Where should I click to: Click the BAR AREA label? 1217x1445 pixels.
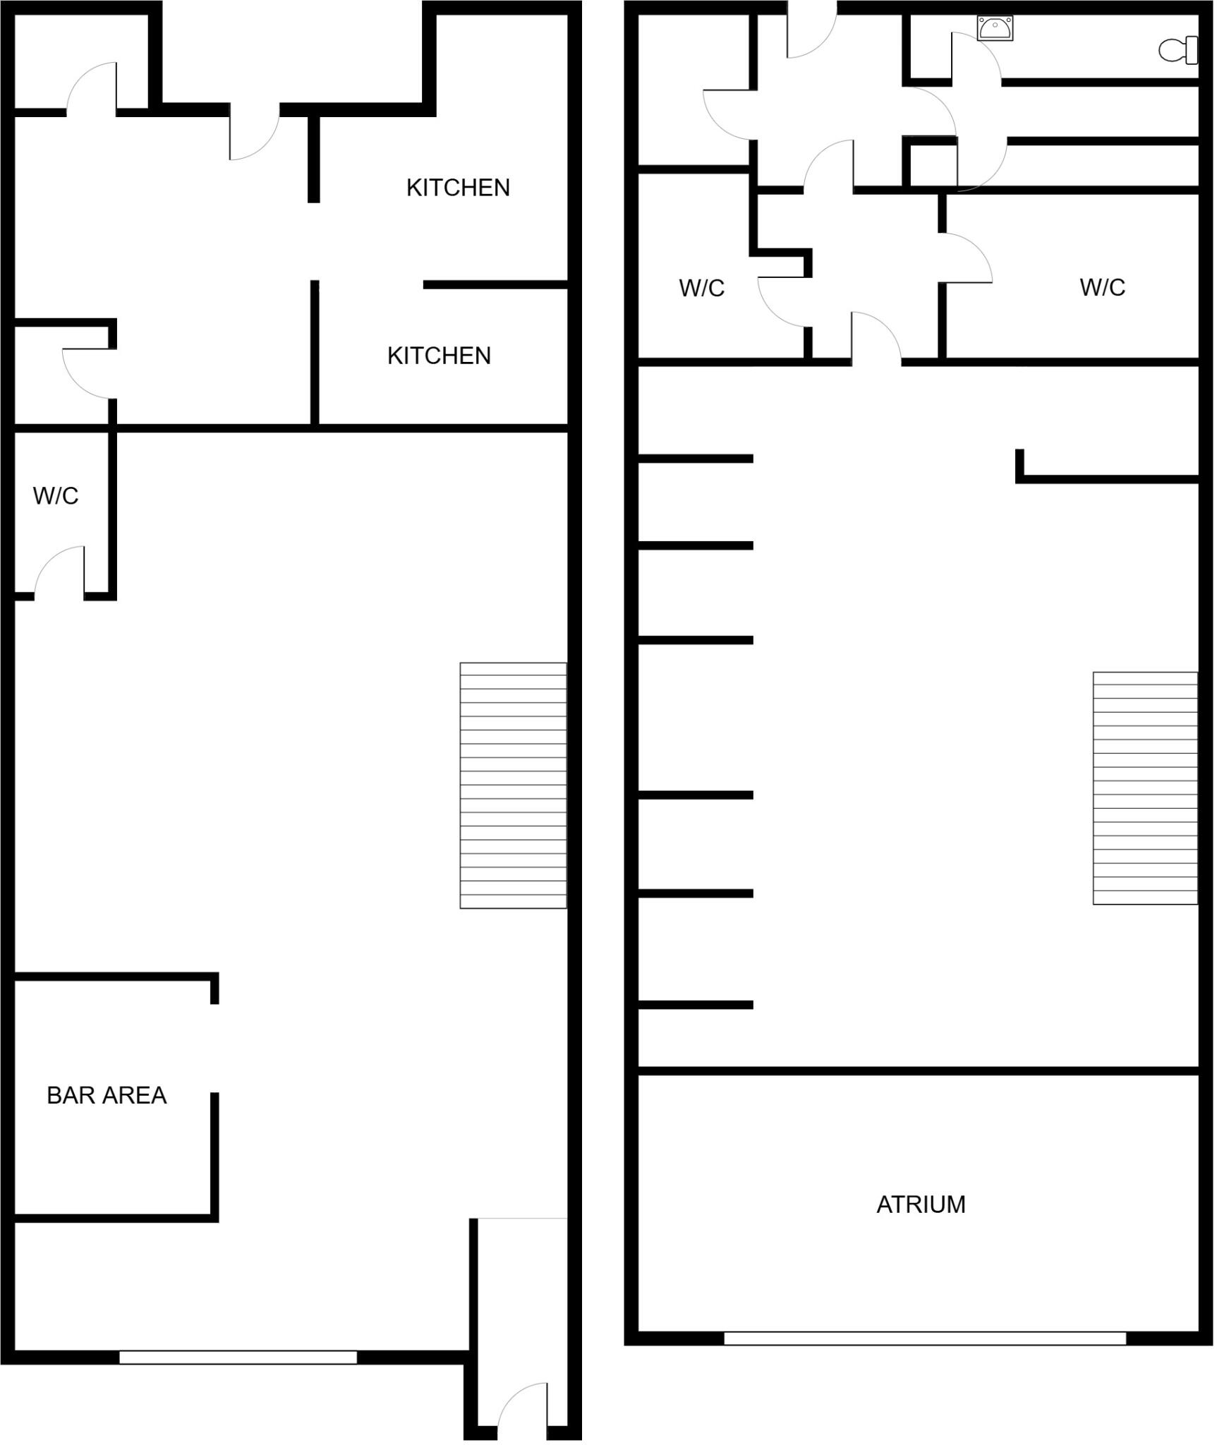107,1095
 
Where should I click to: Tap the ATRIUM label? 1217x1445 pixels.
921,1204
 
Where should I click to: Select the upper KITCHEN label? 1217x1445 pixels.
458,188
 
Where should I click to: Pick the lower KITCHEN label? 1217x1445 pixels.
439,356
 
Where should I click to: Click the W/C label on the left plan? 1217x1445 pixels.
55,496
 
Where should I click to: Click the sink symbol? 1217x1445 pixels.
995,28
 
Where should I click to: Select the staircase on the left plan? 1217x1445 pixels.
513,785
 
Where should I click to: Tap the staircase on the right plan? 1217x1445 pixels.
1144,788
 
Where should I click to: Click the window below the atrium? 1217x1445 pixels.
924,1338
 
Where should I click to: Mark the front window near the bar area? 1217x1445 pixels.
238,1357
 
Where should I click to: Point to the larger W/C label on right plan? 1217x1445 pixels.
1102,287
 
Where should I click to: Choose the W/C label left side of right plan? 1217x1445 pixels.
701,288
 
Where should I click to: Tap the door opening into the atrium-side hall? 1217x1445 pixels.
876,339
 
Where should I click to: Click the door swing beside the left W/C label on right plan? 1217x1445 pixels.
782,302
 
